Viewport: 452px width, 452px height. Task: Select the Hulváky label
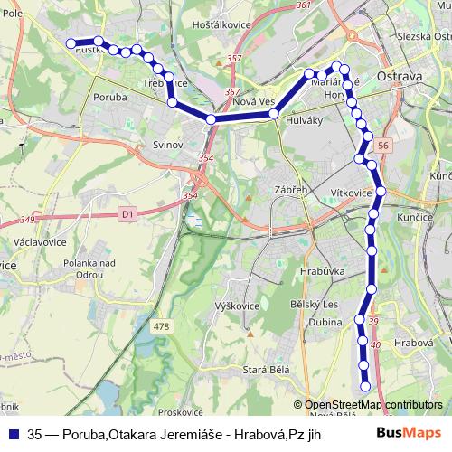tap(304, 120)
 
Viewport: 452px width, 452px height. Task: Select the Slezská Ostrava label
tap(423, 36)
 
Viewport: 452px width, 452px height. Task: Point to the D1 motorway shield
tap(125, 214)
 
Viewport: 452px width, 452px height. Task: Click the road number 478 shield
tap(162, 326)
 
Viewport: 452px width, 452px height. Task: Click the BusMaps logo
tap(410, 432)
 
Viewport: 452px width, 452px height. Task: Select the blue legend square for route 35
tap(13, 433)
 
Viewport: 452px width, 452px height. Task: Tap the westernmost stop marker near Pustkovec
tap(71, 42)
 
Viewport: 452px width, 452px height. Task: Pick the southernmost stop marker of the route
tap(365, 387)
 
